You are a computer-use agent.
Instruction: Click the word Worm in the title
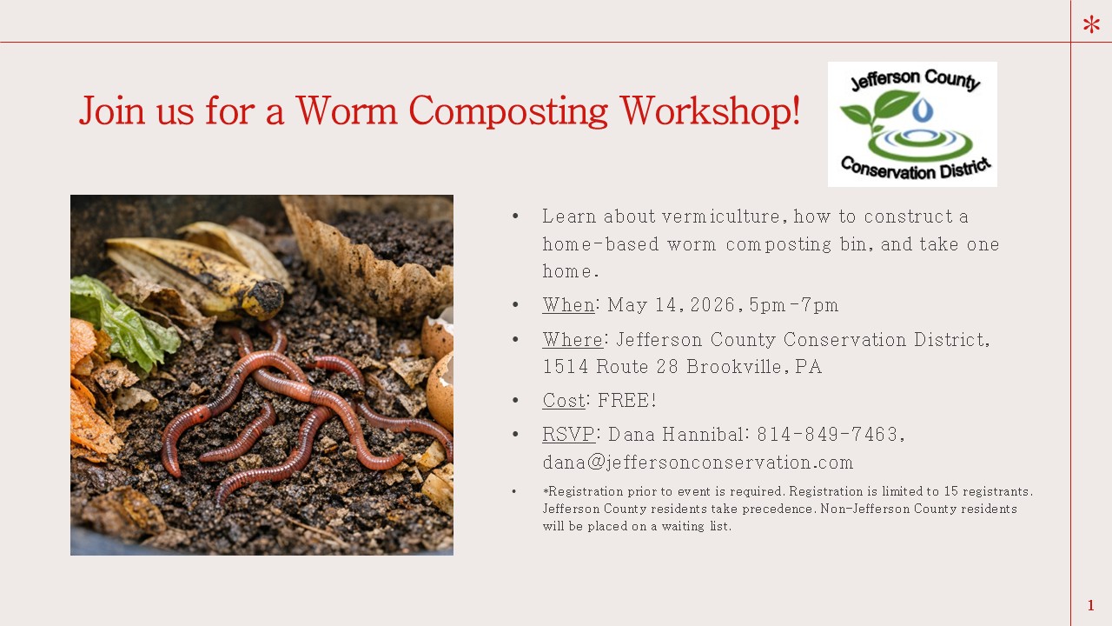pos(347,110)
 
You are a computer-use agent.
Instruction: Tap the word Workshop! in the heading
pos(710,110)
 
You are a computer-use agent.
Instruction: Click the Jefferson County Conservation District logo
pos(912,124)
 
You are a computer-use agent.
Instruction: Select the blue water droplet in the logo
pos(922,110)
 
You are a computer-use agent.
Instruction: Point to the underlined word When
pos(568,304)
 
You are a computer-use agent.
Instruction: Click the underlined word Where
pos(573,339)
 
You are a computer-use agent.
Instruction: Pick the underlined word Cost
pos(564,400)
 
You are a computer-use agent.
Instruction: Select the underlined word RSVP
pos(568,434)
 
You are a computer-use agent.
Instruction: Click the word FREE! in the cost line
pos(627,400)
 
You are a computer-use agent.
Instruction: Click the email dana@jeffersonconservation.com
pos(698,462)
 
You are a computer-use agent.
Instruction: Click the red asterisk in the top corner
pos(1092,23)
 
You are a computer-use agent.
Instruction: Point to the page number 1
pos(1090,605)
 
